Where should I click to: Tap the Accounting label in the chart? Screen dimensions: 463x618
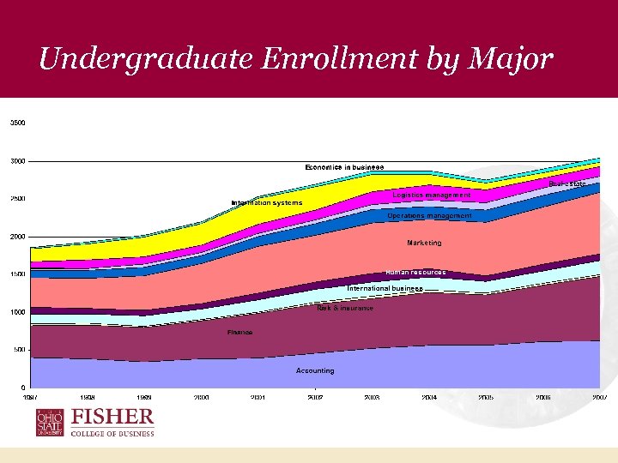315,370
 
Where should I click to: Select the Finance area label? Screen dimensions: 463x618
239,332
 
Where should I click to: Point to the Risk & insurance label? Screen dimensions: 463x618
345,308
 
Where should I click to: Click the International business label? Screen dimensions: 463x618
385,289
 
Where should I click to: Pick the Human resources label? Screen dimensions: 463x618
415,272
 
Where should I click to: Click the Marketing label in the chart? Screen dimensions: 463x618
424,243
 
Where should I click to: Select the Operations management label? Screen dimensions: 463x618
429,216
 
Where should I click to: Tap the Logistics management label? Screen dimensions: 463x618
432,195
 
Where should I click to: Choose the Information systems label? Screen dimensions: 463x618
267,203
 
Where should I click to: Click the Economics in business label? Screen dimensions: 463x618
345,166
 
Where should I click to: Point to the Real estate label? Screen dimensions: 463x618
567,183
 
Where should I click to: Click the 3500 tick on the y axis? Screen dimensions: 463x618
18,123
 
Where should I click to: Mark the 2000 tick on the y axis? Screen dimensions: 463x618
18,237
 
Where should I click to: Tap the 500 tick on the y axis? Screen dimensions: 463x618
18,350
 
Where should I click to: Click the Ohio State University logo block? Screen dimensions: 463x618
49,424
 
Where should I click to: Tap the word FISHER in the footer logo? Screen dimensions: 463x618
112,418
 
